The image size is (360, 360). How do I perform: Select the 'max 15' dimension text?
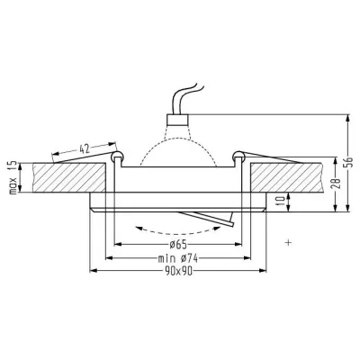pos(12,178)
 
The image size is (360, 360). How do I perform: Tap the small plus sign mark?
pos(288,242)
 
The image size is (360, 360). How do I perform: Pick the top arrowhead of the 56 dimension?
pos(346,115)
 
